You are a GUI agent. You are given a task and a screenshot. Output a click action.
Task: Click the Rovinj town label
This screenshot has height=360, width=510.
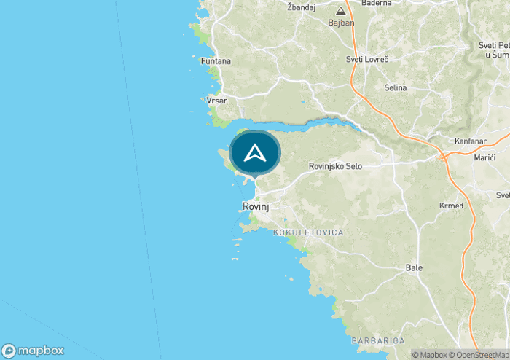click(256, 207)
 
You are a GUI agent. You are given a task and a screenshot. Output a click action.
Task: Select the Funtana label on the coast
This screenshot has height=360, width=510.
click(216, 61)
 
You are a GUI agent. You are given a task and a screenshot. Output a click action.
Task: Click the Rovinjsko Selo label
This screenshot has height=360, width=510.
click(335, 166)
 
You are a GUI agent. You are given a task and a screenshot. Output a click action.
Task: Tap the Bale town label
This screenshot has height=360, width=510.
click(414, 267)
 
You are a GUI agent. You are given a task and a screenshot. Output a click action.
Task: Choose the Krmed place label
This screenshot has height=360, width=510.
click(451, 206)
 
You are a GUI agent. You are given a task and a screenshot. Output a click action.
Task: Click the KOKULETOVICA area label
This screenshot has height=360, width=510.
click(308, 232)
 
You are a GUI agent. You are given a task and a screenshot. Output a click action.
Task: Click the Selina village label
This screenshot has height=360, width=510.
click(395, 87)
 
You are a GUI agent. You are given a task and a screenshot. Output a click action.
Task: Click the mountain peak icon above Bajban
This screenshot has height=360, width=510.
click(340, 11)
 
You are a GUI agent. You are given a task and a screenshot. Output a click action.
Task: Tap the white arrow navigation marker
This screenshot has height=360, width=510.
click(255, 153)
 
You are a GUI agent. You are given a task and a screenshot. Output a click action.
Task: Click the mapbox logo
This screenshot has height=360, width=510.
click(33, 350)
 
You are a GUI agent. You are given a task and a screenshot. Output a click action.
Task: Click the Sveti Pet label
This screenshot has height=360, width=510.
click(494, 45)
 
